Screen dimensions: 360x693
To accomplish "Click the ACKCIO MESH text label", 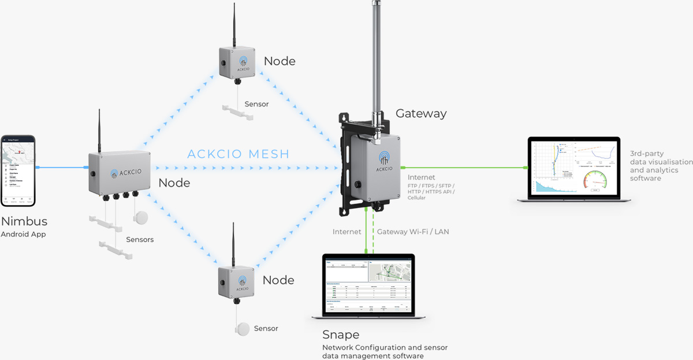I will coord(238,154).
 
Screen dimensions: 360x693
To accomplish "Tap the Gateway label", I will coord(420,113).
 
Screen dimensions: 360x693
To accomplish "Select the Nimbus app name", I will coord(24,221).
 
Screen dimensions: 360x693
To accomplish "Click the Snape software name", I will coord(341,335).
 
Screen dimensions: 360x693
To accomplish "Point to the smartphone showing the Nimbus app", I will coord(18,170).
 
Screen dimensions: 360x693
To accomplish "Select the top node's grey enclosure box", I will coord(237,62).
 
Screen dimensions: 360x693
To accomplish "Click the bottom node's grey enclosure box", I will coord(235,282).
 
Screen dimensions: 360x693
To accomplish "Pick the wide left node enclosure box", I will coord(119,172).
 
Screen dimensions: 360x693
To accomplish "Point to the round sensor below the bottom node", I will coord(243,329).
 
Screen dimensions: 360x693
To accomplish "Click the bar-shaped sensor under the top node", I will coord(237,112).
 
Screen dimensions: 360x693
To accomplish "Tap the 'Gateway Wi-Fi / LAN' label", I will coord(413,232).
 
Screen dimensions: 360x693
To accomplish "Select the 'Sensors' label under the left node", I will coord(140,239).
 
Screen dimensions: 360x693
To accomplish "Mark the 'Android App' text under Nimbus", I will coord(23,235).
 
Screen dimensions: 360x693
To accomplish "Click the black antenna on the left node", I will coord(99,130).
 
